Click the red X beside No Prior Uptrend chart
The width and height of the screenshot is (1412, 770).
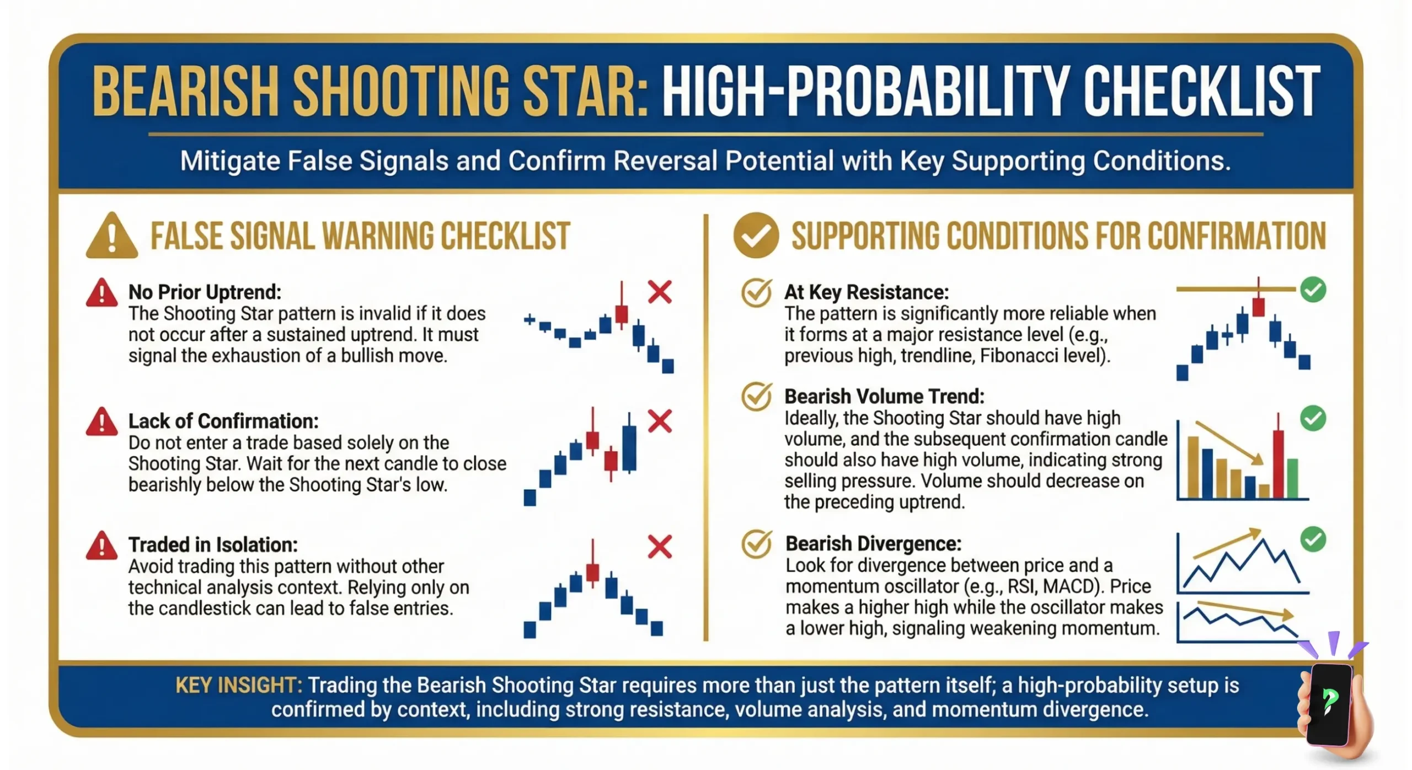tap(660, 292)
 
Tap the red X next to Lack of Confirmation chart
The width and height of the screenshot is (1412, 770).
tap(660, 421)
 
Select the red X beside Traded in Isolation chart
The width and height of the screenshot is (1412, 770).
tap(660, 547)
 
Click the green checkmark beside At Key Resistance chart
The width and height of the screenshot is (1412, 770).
tap(1313, 290)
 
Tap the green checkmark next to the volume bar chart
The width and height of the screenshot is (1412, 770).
tap(1313, 419)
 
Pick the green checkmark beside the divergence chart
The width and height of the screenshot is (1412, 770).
tap(1313, 539)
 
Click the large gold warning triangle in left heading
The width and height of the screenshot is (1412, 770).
tap(112, 237)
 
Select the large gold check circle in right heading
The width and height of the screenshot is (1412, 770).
tap(756, 236)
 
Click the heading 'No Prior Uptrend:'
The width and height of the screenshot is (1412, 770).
tap(205, 292)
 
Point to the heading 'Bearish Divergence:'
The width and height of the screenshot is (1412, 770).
tap(873, 544)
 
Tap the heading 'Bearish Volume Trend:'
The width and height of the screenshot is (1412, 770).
tap(884, 397)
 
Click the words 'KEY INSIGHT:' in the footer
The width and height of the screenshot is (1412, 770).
tap(238, 685)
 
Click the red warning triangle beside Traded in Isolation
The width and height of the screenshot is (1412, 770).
tap(101, 547)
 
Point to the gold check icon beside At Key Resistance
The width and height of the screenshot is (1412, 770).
tap(756, 293)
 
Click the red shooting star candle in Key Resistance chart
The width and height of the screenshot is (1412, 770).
tap(1258, 306)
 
